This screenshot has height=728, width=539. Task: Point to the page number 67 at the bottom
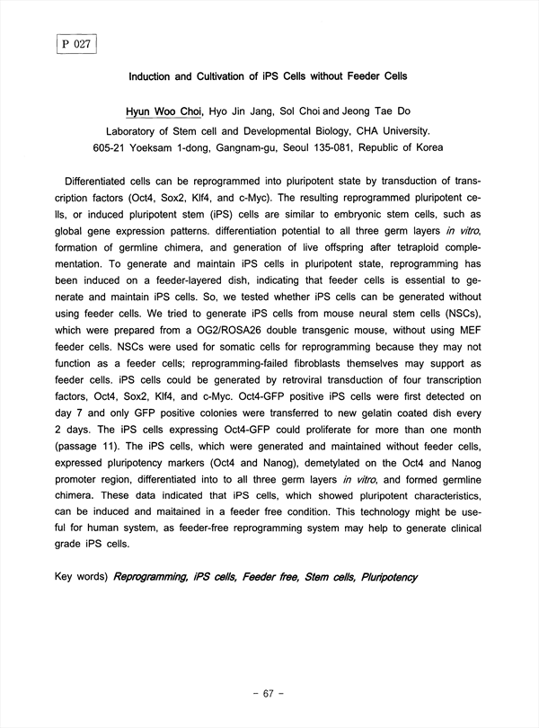269,694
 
